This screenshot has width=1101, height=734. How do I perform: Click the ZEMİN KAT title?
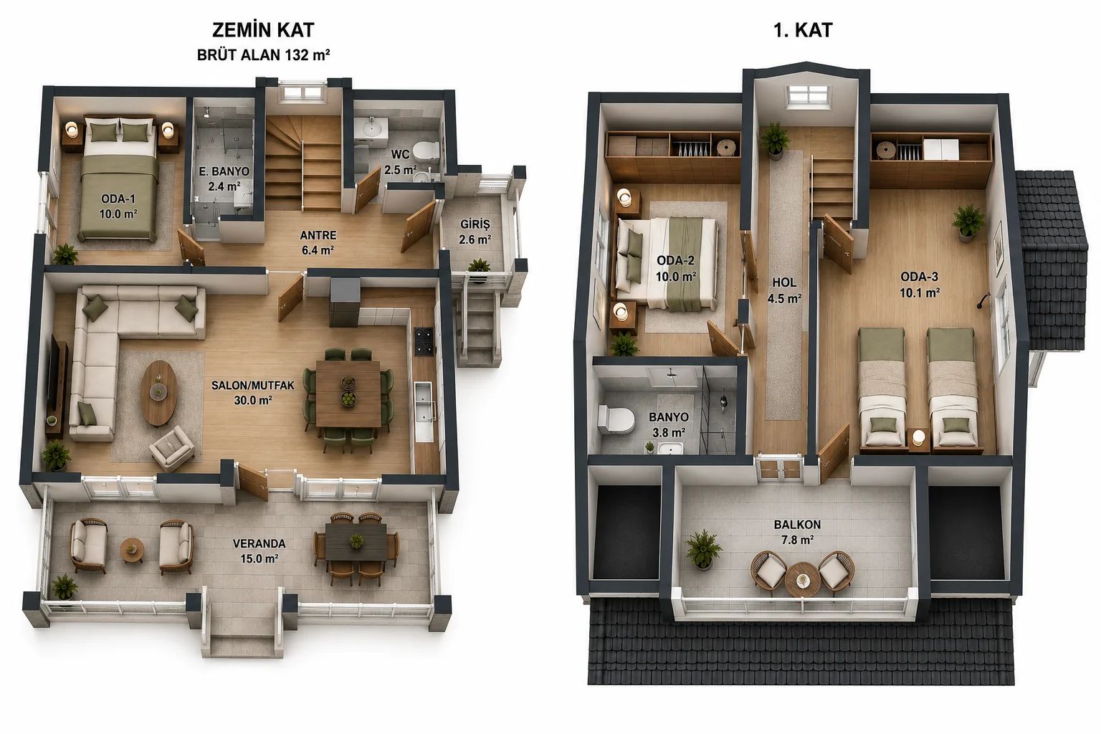pyautogui.click(x=263, y=31)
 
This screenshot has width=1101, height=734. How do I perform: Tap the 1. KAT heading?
pyautogui.click(x=803, y=31)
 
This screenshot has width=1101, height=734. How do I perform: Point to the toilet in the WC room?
pyautogui.click(x=426, y=151)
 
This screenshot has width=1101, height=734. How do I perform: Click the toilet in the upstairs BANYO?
pyautogui.click(x=615, y=419)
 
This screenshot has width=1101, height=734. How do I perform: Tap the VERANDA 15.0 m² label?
pyautogui.click(x=259, y=550)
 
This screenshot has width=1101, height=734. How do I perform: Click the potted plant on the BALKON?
pyautogui.click(x=704, y=550)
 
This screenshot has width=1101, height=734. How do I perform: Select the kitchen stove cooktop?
pyautogui.click(x=424, y=341)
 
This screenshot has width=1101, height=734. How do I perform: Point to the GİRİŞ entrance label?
pyautogui.click(x=475, y=232)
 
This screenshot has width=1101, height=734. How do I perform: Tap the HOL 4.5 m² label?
pyautogui.click(x=784, y=290)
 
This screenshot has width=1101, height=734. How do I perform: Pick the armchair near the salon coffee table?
pyautogui.click(x=171, y=449)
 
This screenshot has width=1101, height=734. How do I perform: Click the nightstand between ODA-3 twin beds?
pyautogui.click(x=919, y=440)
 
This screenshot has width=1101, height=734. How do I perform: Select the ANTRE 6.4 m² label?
pyautogui.click(x=318, y=243)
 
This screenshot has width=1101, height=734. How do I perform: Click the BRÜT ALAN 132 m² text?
pyautogui.click(x=264, y=55)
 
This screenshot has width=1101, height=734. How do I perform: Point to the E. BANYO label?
pyautogui.click(x=224, y=178)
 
